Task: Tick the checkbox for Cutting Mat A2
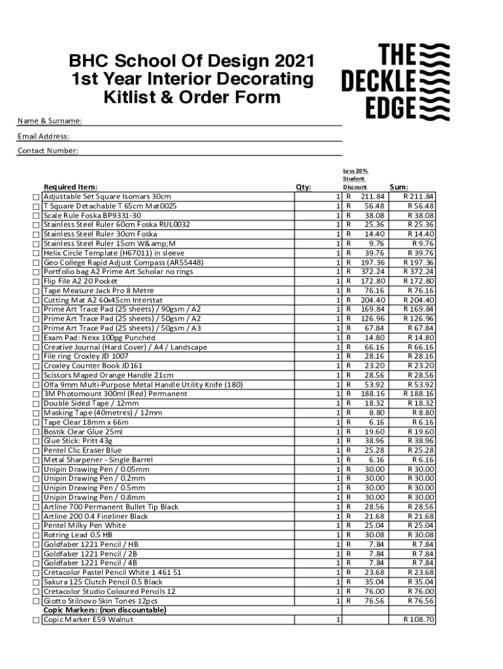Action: click(36, 301)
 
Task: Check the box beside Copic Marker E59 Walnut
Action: click(36, 620)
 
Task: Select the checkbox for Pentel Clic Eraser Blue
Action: click(36, 451)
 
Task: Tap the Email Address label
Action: click(43, 137)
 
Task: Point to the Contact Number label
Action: click(48, 151)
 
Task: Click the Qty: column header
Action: click(303, 188)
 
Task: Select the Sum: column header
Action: click(398, 188)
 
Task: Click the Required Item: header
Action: click(71, 188)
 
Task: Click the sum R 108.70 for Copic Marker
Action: click(419, 620)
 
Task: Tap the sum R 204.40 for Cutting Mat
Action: click(419, 301)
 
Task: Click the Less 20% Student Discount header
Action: click(355, 178)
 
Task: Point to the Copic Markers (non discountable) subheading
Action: click(105, 610)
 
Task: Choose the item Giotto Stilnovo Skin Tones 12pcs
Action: click(101, 601)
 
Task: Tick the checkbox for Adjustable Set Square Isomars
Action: click(36, 197)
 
